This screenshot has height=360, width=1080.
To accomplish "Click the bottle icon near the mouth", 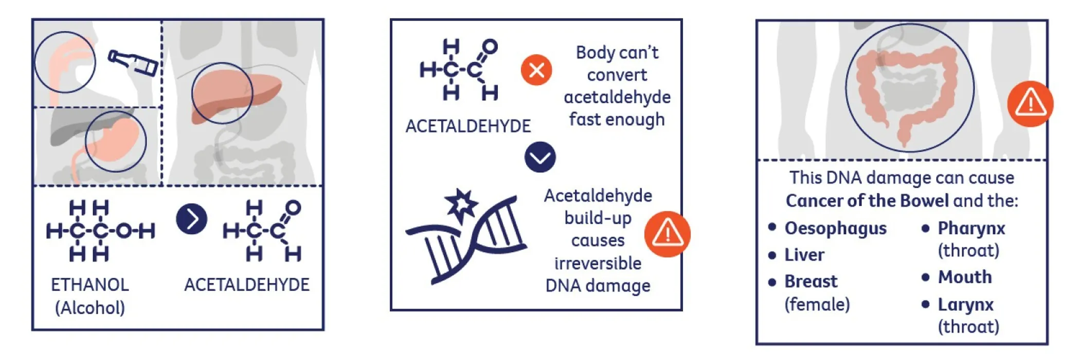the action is [x=133, y=62].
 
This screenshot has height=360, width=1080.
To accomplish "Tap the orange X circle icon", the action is [x=536, y=70].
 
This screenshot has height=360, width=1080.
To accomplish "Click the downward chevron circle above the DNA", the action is [x=540, y=157].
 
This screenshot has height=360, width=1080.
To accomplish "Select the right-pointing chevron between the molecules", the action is [x=191, y=219].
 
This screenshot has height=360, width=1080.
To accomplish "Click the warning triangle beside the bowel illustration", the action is [x=1030, y=104].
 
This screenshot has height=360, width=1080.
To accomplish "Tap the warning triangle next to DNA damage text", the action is [x=667, y=234].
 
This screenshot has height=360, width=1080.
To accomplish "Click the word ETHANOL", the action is [x=90, y=284].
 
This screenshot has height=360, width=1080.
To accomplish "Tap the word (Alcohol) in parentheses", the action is [x=90, y=308].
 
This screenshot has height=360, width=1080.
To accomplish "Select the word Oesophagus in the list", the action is [x=835, y=228].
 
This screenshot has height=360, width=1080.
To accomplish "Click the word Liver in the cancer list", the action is [x=804, y=255].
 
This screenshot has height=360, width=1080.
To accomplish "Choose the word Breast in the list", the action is [x=811, y=281].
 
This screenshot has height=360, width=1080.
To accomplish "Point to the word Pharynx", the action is [x=971, y=228].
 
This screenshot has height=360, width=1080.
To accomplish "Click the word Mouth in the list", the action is [x=965, y=277].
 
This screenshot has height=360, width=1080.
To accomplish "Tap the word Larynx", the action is [x=965, y=304].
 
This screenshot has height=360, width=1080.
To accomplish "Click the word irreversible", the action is [x=598, y=263].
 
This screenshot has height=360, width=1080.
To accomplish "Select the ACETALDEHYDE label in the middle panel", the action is [x=468, y=126].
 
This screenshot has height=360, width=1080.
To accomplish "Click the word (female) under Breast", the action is [x=817, y=304].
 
